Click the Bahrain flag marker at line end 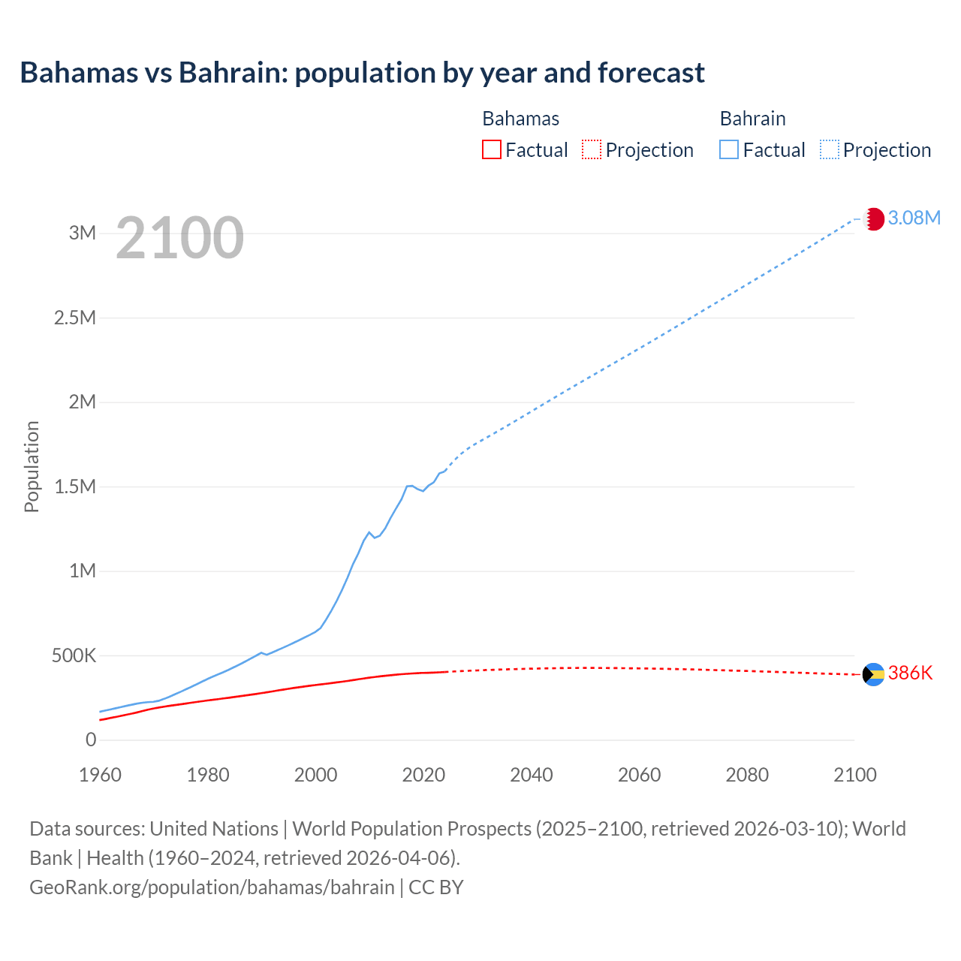tap(873, 219)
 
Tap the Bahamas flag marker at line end tap(873, 674)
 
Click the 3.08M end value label tap(914, 218)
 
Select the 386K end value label tap(910, 673)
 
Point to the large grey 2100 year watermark tap(179, 238)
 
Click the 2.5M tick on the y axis tap(75, 318)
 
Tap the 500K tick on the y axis tap(74, 655)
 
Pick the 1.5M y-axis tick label tap(75, 487)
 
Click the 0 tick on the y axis tap(91, 740)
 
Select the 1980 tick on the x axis tap(208, 775)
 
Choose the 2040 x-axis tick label tap(532, 775)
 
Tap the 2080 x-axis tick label tap(747, 775)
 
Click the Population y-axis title tap(32, 466)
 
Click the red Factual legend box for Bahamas tap(491, 149)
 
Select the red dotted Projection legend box tap(592, 149)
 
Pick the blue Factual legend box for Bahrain tap(729, 149)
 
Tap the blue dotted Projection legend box tap(830, 149)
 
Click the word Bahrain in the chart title tap(231, 73)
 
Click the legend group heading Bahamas tap(520, 119)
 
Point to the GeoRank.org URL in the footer tap(212, 887)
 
